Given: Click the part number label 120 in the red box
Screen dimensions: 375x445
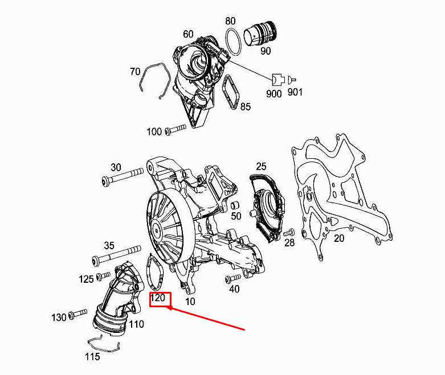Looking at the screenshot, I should click(157, 298).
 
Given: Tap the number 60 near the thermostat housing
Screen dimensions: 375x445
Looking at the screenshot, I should click(189, 34).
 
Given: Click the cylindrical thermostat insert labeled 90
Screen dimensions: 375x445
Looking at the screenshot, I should click(261, 34).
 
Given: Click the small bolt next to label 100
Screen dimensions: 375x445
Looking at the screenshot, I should click(176, 131).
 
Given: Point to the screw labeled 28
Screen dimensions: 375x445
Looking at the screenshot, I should click(288, 232).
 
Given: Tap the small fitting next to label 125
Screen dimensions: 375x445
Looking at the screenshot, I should click(102, 277).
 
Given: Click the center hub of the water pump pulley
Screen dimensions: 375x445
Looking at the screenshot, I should click(156, 230).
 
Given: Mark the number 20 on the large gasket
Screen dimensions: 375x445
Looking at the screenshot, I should click(338, 238).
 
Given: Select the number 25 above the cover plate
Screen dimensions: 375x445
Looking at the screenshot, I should click(261, 166).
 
